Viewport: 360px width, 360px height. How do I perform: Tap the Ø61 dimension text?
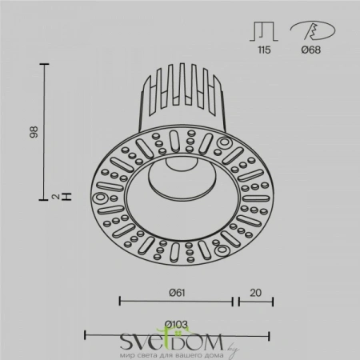tap(176, 292)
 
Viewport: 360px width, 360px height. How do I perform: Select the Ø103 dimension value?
tap(175, 324)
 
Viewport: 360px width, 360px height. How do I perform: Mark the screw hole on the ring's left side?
tap(102, 198)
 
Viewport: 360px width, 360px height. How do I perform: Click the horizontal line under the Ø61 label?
tap(176, 302)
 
